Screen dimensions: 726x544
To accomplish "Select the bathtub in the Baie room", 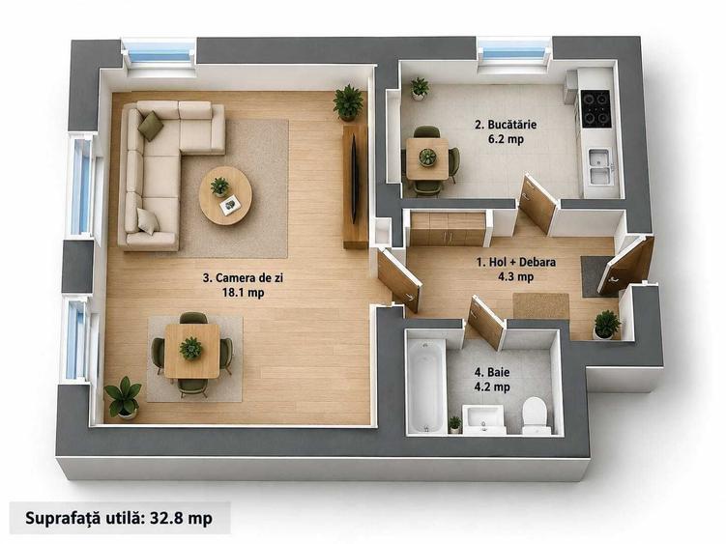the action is pos(426,386).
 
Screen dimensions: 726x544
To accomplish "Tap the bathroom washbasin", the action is pos(484,418).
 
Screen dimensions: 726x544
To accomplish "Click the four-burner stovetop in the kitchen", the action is pos(595,108).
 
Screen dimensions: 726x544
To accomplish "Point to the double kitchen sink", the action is pos(600,165).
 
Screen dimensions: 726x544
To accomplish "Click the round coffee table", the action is pos(225,195).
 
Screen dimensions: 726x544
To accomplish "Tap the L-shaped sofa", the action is pos(162,172).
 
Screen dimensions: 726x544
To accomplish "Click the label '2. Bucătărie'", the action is pos(506,125).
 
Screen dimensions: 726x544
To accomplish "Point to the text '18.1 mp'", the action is pos(243,293).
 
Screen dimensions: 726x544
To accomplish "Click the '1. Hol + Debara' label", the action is pos(516,262).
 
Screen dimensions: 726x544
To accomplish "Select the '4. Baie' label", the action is pos(492,372).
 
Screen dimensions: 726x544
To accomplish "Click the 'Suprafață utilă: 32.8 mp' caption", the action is pos(119,518).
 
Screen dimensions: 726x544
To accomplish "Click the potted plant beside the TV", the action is pos(349,103).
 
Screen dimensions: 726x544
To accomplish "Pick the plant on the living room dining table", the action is pos(190,348).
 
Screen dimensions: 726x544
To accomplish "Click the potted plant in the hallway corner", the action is pos(606,325).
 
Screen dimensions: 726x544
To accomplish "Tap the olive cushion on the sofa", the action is pos(151,126).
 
